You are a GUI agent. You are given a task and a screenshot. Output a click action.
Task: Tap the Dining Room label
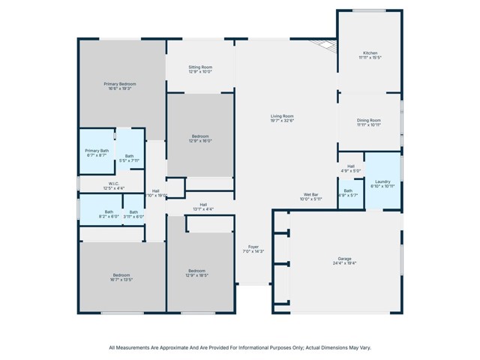point(368,120)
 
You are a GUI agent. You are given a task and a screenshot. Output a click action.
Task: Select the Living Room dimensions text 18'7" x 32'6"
point(282,121)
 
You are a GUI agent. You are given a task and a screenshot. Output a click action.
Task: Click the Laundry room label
point(382,181)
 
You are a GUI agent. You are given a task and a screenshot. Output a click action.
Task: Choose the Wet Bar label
point(310,194)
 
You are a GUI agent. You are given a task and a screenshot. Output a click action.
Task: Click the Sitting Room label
point(199,67)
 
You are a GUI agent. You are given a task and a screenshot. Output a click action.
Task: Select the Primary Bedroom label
point(120,83)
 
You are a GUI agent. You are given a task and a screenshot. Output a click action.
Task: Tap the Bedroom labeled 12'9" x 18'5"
point(197,271)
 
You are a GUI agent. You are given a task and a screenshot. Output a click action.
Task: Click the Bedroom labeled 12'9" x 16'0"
point(200,136)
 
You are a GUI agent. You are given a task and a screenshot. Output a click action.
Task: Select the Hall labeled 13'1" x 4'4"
point(203,205)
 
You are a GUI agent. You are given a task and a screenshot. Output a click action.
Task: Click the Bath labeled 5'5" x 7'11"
point(130,156)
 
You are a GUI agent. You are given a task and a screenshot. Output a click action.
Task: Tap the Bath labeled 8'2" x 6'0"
point(109,211)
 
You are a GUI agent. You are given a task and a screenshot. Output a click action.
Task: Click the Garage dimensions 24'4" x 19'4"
point(344,264)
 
